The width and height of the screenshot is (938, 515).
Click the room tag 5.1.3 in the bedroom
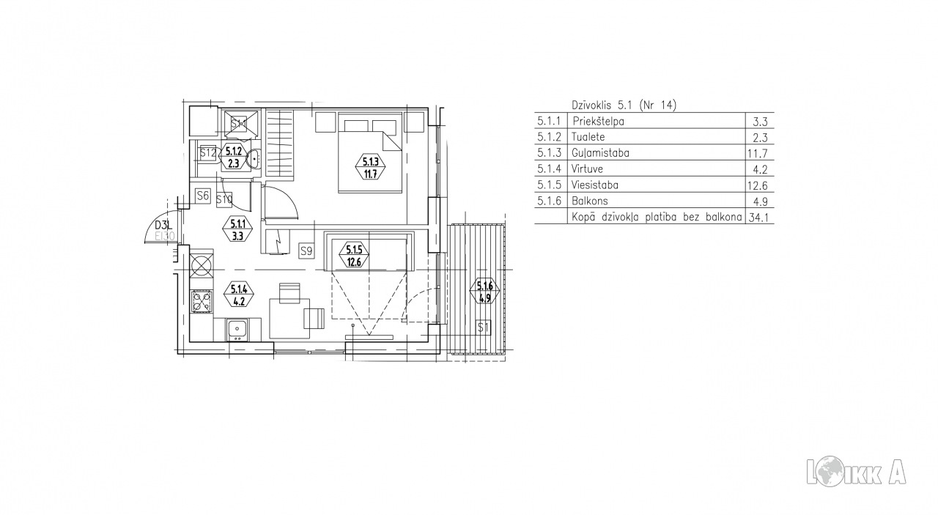point(370,167)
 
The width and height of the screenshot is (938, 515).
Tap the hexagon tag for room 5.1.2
point(234,157)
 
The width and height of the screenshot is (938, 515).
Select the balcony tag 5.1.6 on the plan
point(484,292)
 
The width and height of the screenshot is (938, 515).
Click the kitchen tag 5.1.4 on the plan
point(239,294)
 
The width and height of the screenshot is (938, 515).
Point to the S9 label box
point(306,251)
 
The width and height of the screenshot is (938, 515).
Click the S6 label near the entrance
point(203,196)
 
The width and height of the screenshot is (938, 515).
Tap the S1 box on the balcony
point(484,327)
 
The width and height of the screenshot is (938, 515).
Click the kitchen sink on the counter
point(238,330)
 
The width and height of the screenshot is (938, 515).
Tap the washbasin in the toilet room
point(254,159)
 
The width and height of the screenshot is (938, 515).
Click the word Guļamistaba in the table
point(600,153)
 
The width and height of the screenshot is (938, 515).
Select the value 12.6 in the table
point(758,185)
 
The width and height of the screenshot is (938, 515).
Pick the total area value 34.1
point(758,218)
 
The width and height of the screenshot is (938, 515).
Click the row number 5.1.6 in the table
point(549,201)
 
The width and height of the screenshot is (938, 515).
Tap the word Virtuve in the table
point(587,169)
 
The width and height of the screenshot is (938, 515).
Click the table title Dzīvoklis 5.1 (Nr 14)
point(624,105)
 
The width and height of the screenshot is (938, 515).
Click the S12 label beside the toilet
point(207,153)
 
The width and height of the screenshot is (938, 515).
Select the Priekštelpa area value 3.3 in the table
point(760,122)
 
